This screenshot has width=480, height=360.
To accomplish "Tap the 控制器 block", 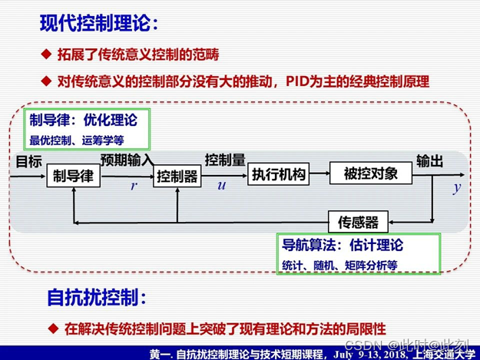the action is pyautogui.click(x=177, y=177).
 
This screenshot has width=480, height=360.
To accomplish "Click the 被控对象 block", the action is pyautogui.click(x=371, y=174).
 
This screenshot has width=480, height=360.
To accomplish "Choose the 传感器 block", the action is pyautogui.click(x=359, y=222).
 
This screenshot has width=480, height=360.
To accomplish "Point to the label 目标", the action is pyautogui.click(x=28, y=160).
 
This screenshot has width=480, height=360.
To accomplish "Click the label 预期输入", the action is pyautogui.click(x=127, y=160).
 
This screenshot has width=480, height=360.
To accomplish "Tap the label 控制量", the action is pyautogui.click(x=225, y=160).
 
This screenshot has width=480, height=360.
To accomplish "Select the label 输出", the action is pyautogui.click(x=430, y=160).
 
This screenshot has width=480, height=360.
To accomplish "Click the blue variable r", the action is pyautogui.click(x=134, y=186).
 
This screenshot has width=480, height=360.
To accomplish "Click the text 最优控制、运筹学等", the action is pyautogui.click(x=77, y=140).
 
